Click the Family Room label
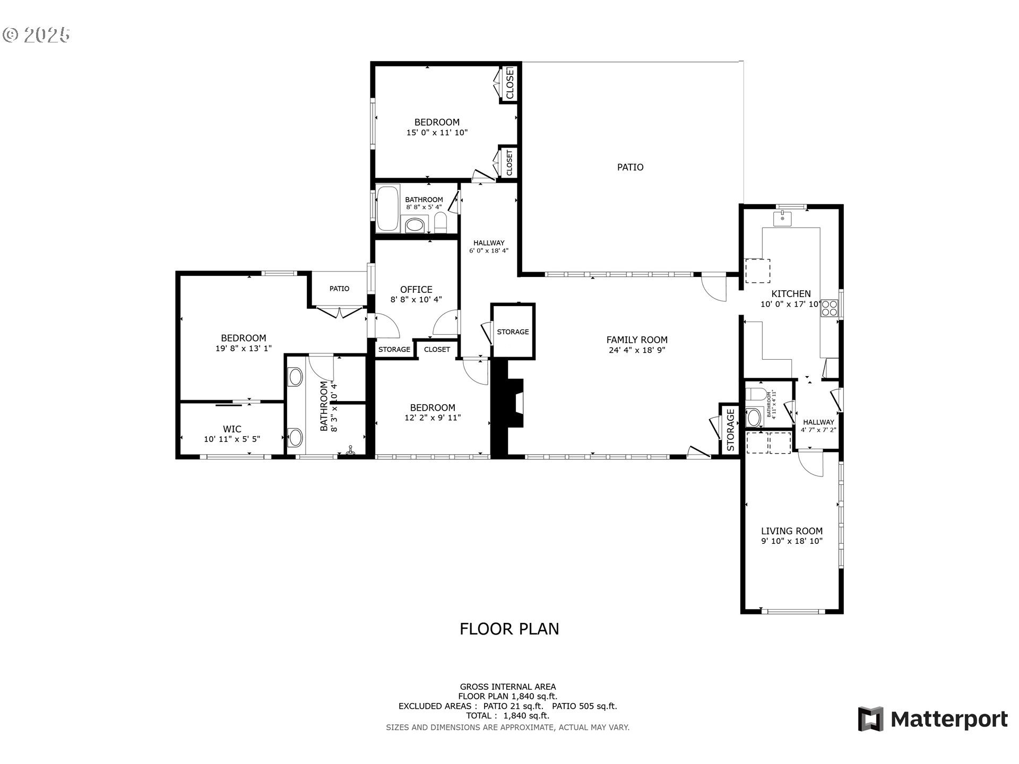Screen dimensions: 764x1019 637,340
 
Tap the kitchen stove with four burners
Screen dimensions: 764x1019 829,308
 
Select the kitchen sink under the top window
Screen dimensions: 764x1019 782,218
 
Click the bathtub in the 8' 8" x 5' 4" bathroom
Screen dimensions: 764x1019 388,208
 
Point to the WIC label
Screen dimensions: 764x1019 232,429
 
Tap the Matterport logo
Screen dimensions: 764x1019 932,719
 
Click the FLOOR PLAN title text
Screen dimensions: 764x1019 509,629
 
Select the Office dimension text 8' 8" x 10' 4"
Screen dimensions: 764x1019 416,300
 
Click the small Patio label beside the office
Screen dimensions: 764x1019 339,289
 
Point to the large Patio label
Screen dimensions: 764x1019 630,167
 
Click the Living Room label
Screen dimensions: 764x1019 791,531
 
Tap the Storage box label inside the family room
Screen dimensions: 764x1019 513,332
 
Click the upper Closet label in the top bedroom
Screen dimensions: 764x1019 510,83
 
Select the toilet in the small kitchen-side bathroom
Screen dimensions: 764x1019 755,395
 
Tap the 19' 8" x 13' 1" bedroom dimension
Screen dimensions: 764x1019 244,349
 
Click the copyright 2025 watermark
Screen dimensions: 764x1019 36,35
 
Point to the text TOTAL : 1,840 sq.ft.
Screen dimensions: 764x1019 508,716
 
